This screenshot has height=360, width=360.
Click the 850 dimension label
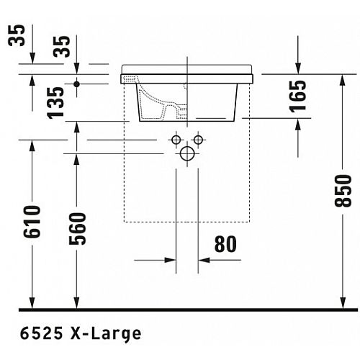click(343, 191)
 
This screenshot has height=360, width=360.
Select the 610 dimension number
click(32, 222)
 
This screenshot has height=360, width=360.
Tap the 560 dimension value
click(77, 229)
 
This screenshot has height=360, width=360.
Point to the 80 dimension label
click(225, 244)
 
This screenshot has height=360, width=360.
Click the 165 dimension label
click(298, 96)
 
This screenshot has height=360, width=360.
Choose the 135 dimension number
click(56, 103)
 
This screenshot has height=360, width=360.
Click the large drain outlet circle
click(187, 153)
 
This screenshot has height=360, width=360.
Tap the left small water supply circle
click(176, 140)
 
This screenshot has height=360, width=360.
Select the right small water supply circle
click(198, 140)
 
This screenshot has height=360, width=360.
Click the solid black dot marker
click(76, 84)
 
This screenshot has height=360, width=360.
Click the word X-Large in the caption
click(106, 334)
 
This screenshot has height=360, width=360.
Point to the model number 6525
click(41, 333)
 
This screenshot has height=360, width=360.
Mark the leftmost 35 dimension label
click(17, 35)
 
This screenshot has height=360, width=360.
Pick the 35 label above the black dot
click(62, 47)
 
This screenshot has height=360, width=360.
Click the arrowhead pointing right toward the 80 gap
click(170, 260)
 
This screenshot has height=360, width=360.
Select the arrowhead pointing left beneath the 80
click(204, 260)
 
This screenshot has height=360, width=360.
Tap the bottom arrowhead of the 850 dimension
click(343, 303)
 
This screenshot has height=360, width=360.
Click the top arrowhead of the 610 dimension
click(32, 145)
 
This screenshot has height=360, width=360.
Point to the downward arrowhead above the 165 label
click(298, 68)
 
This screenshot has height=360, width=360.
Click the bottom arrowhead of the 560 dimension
click(76, 303)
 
